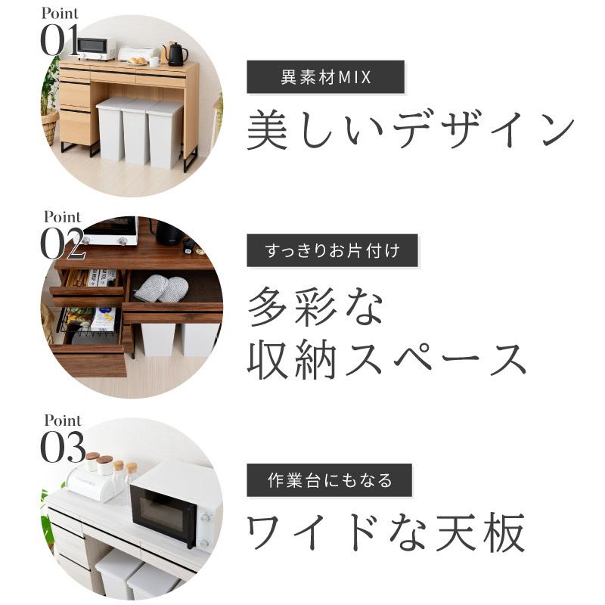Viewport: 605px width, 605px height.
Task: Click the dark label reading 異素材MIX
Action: (326, 78)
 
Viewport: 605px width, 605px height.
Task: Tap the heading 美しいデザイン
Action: (411, 129)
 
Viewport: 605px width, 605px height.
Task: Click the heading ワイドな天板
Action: (386, 533)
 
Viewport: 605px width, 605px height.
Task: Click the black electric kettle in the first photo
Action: (175, 54)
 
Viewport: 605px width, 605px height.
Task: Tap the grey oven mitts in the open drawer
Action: (163, 288)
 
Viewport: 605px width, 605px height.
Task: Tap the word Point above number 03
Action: (63, 420)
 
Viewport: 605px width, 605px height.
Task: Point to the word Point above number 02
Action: (63, 217)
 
